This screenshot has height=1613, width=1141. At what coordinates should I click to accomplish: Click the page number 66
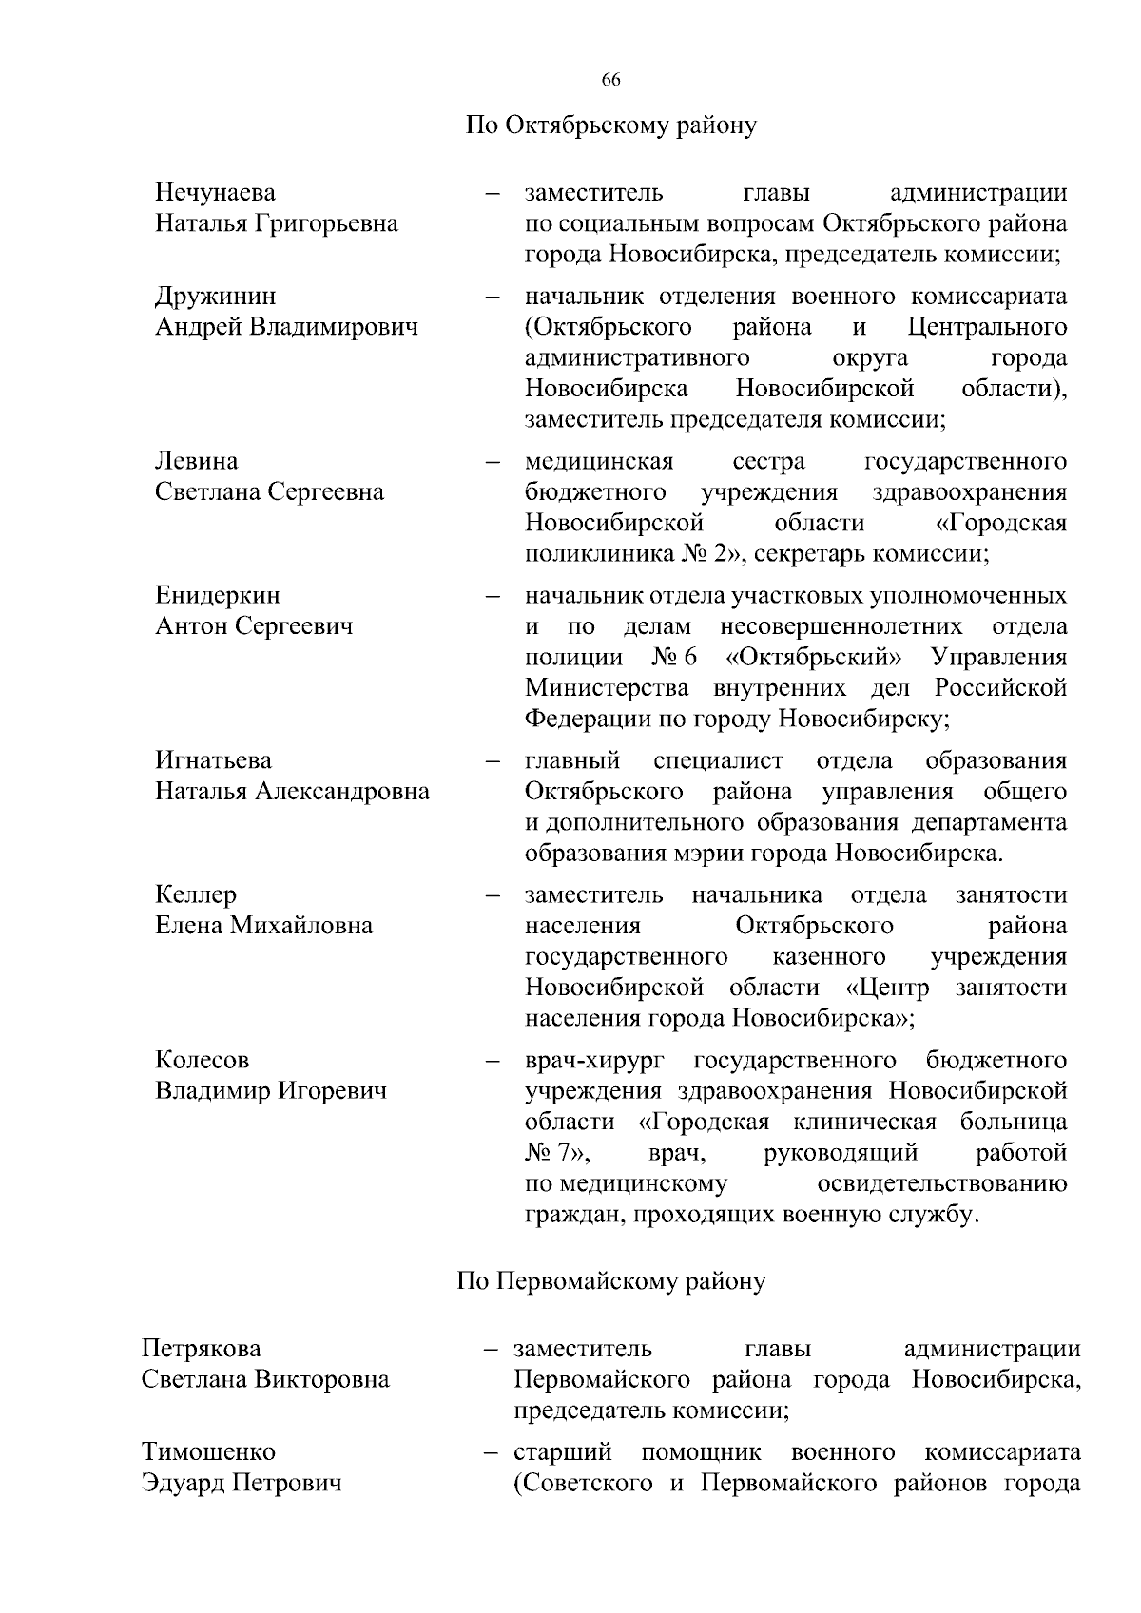point(610,81)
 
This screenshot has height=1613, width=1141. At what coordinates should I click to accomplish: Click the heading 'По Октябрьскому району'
point(610,125)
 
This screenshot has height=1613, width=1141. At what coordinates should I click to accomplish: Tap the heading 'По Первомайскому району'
point(610,1281)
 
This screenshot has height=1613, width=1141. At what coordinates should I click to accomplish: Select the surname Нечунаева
point(215,193)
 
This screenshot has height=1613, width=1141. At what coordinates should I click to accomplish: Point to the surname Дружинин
point(216,297)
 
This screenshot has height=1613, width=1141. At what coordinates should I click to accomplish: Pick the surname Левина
point(197,462)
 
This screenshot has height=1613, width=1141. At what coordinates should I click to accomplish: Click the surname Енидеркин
point(218,596)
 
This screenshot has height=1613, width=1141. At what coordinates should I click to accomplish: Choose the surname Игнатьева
point(213,760)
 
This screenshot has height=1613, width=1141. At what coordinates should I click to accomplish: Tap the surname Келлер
point(196,894)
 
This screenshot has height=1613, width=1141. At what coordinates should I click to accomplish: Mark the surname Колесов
point(202,1060)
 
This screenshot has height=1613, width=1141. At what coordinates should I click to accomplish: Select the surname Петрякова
point(201,1349)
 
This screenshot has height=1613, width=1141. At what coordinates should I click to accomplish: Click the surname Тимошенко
point(208,1452)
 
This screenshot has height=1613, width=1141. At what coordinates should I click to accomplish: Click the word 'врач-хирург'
point(594,1060)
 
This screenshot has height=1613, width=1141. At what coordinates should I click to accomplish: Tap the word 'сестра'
point(768,462)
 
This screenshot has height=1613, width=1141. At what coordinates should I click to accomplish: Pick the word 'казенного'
point(829,956)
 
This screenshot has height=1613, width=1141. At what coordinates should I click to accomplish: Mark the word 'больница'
point(1013,1122)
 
